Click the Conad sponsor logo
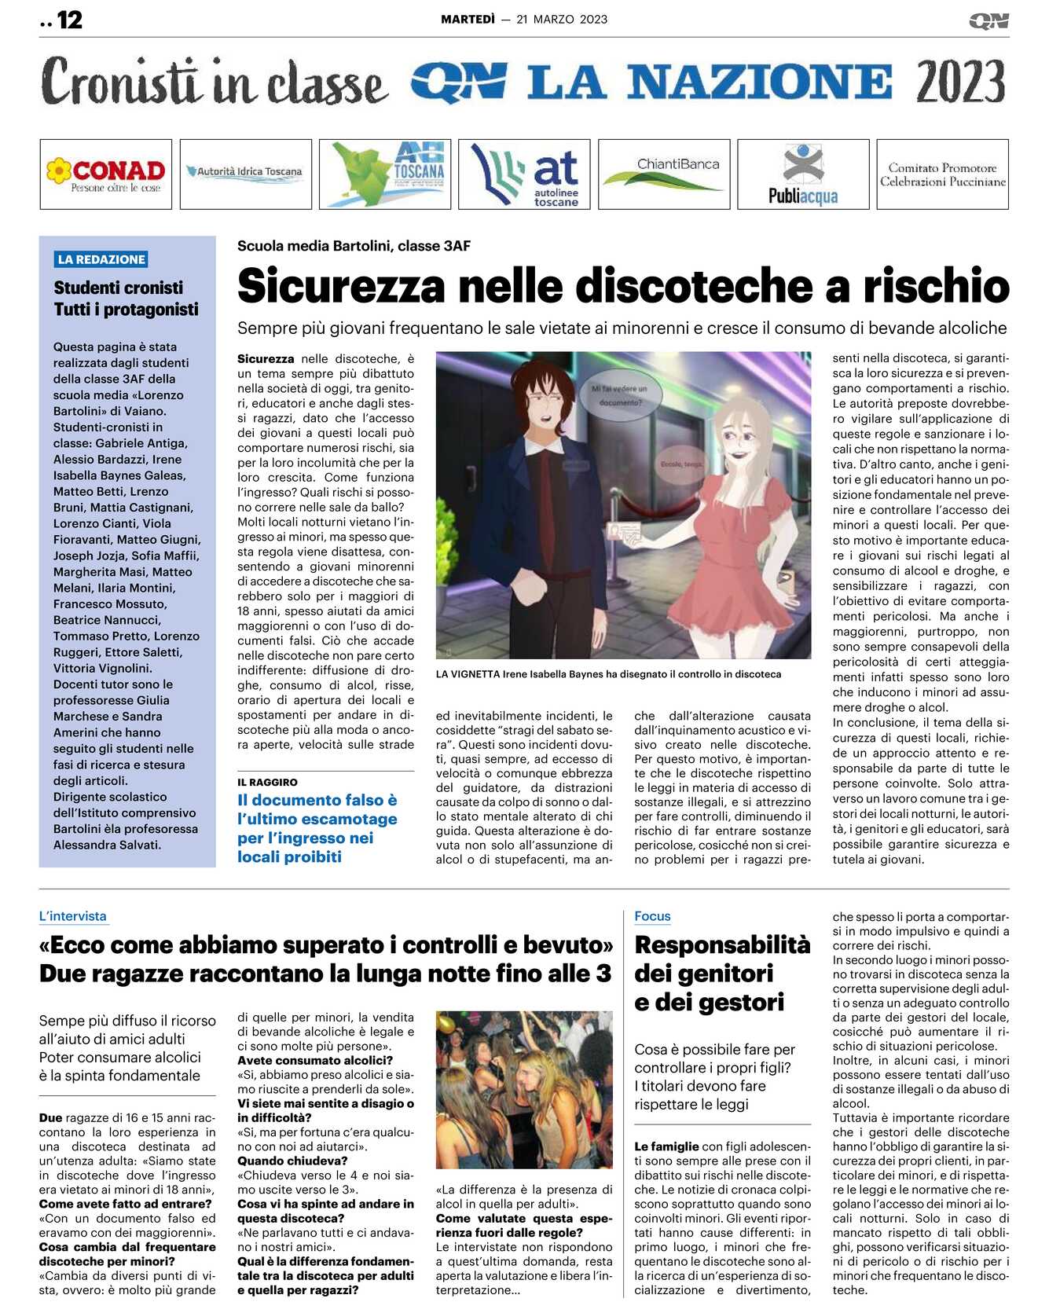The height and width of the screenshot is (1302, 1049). [105, 174]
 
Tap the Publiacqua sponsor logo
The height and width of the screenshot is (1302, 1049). [803, 174]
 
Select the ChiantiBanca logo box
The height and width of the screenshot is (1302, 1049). [664, 174]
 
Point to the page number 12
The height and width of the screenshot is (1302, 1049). [69, 20]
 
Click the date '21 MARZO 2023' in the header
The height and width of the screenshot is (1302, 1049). [562, 20]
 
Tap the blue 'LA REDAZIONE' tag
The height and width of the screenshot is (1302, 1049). [101, 259]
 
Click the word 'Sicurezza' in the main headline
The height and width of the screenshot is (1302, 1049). [341, 286]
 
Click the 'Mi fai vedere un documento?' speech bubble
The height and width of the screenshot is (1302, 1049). [620, 395]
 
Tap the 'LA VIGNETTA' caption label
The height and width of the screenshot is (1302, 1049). [468, 674]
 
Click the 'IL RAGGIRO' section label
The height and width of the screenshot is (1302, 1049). [267, 782]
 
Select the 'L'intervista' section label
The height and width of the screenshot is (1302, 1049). [72, 916]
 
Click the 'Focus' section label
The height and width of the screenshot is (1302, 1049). [652, 916]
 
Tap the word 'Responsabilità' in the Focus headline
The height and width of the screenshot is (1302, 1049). [722, 944]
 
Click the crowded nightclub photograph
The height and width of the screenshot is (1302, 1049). [523, 1089]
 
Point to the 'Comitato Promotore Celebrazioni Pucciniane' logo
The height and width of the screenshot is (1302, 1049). [942, 174]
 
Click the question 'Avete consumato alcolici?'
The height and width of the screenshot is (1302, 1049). [315, 1060]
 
